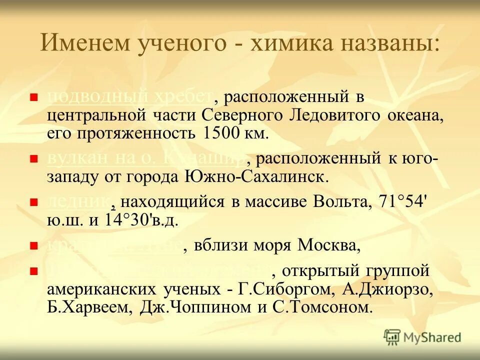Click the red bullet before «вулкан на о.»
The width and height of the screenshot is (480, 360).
click(34, 159)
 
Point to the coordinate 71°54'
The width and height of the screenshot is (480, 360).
click(403, 202)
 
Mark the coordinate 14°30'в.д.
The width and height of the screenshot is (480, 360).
click(141, 220)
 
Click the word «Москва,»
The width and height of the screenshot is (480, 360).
click(328, 245)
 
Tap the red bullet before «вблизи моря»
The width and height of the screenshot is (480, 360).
click(34, 246)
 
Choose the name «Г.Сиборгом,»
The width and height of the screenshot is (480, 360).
click(279, 289)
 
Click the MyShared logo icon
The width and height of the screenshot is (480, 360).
click(392, 336)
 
